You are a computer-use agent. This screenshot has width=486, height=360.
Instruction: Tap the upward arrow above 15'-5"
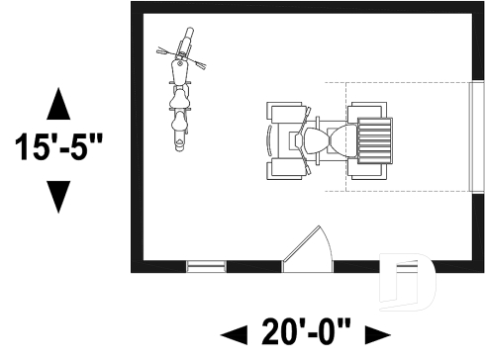pos(58,104)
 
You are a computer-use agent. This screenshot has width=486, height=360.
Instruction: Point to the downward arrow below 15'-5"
pos(58,195)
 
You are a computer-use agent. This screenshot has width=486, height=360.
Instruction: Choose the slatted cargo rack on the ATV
pos(376,139)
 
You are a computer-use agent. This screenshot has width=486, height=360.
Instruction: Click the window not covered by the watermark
pos(206,266)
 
